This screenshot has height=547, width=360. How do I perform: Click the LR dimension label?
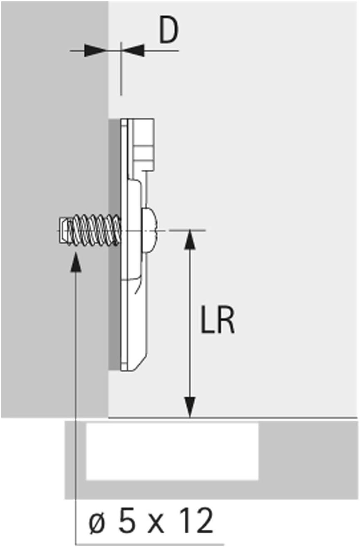click(217, 320)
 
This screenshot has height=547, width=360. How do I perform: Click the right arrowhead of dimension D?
click(133, 51)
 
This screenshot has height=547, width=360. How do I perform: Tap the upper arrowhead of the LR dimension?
click(190, 240)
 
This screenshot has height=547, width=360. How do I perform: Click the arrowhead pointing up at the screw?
click(76, 262)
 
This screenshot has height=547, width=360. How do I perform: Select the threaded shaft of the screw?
click(95, 230)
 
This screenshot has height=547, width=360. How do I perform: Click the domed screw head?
click(149, 230)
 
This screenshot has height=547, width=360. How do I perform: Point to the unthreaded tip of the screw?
click(64, 230)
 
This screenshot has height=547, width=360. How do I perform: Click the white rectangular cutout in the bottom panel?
click(172, 452)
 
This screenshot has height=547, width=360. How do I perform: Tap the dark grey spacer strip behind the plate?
click(114, 281)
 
